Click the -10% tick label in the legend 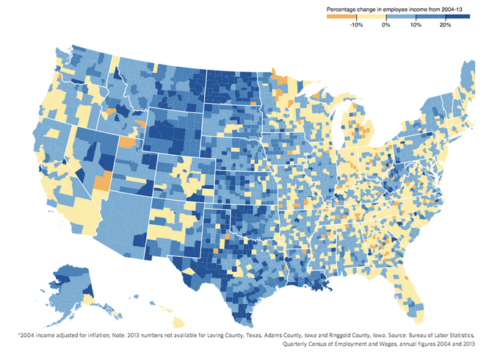[x=356, y=25]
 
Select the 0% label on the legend [x=386, y=25]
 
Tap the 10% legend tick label [x=415, y=25]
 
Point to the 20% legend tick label [x=445, y=25]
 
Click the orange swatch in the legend [x=341, y=16]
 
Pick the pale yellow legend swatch [x=372, y=16]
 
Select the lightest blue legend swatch [x=401, y=16]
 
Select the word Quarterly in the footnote [x=298, y=344]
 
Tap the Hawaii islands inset [x=165, y=312]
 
